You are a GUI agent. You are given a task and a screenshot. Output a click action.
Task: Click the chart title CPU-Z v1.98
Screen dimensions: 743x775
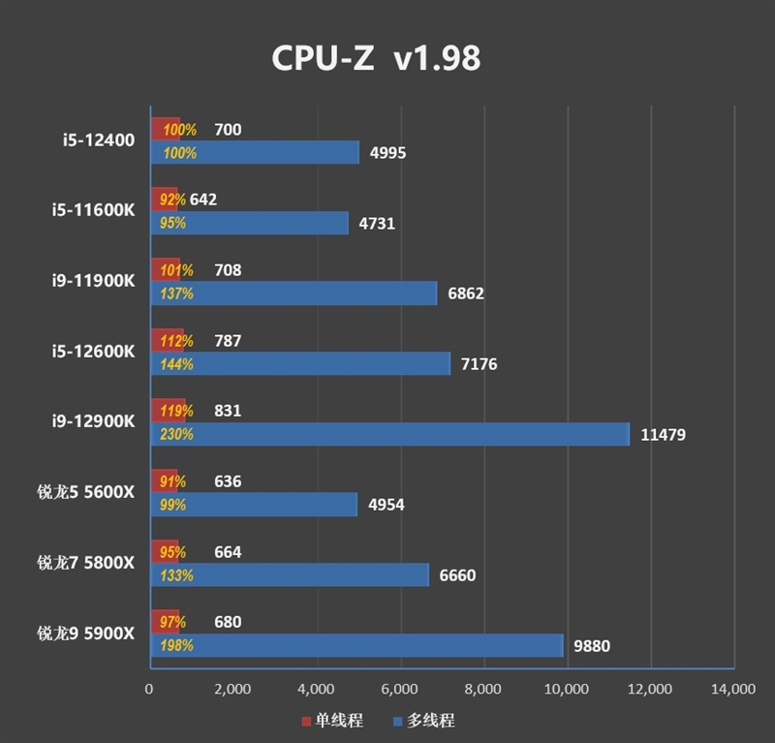pos(376,58)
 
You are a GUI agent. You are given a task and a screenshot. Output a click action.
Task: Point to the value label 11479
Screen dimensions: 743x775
pos(663,435)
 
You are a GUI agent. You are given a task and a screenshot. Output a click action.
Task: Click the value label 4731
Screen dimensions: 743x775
pos(376,224)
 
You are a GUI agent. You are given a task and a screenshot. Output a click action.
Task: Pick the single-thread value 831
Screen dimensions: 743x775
pos(228,411)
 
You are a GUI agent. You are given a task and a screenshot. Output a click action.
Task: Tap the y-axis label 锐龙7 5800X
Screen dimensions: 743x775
pos(86,563)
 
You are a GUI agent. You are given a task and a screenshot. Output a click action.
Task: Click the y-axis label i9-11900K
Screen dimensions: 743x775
pos(94,281)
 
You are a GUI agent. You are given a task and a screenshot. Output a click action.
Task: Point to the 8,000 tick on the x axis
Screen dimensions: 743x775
pos(482,690)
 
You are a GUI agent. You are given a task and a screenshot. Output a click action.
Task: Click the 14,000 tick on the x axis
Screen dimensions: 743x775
pos(733,690)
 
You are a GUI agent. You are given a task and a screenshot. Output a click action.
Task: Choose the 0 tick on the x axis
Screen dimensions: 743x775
pos(149,690)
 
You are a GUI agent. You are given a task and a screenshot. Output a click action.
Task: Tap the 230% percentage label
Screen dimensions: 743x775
pos(177,435)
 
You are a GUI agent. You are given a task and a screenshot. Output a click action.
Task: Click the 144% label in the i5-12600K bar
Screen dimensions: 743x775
pos(177,364)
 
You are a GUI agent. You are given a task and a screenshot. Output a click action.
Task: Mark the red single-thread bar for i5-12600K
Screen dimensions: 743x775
pos(167,341)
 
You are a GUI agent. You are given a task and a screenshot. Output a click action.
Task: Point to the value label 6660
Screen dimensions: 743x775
pos(457,575)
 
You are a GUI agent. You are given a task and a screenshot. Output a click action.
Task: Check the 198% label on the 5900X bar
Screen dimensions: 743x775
pos(177,646)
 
